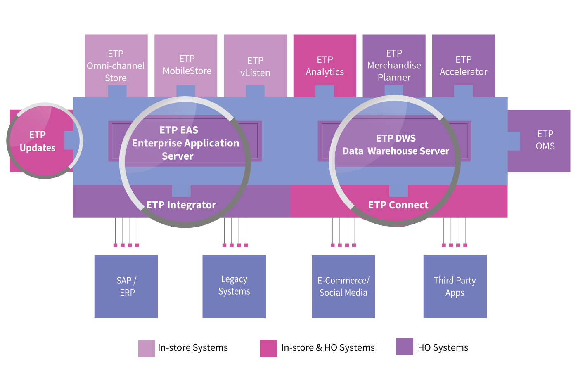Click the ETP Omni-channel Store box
point(116,66)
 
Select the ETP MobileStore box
point(186,65)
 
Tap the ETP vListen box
point(255,66)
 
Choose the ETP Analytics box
point(325,66)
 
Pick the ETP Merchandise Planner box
point(394,65)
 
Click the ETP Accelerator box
point(463,66)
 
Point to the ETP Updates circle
point(38,141)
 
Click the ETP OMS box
point(545,140)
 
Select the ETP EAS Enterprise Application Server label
point(185,143)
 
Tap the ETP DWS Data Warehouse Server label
point(396,145)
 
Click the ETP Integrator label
point(181,205)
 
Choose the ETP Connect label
point(398,205)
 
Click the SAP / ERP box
point(126,286)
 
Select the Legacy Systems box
point(234,286)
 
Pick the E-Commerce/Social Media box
point(343,286)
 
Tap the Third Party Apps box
point(455,286)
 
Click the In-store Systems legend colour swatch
point(147,348)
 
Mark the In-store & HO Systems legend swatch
point(268,348)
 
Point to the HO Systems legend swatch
point(405,347)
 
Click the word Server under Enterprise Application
point(178,156)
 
